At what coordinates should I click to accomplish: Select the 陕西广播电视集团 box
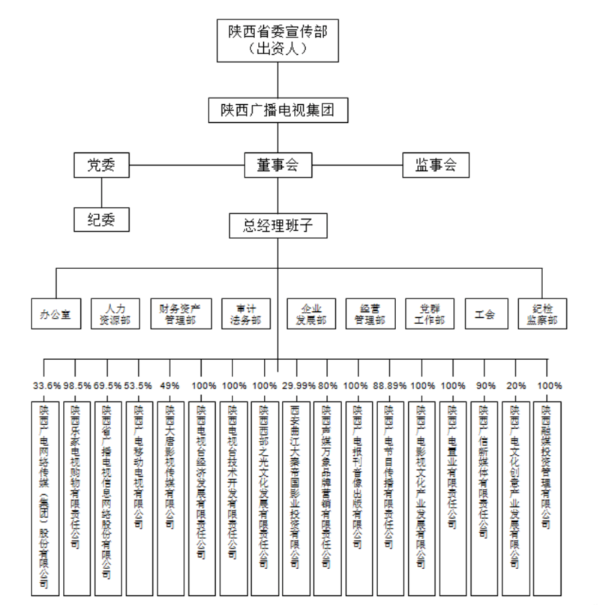click(x=278, y=110)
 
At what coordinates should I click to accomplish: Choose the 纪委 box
click(x=101, y=220)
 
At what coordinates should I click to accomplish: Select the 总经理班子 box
click(x=278, y=224)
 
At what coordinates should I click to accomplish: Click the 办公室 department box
click(x=55, y=313)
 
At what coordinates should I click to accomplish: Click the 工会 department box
click(x=484, y=313)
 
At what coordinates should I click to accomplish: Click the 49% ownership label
click(x=170, y=387)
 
